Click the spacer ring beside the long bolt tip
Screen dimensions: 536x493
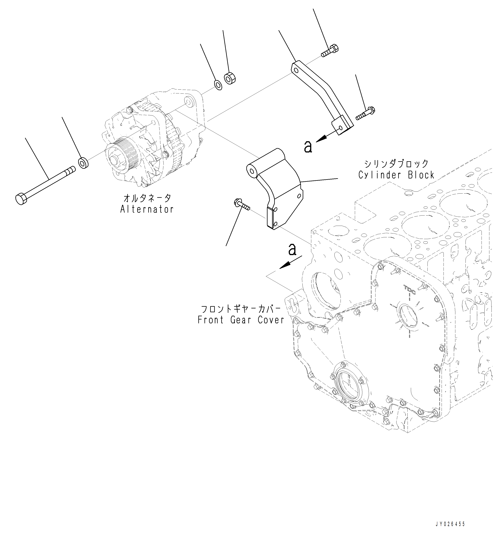(84, 163)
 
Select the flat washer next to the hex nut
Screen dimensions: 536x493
(218, 85)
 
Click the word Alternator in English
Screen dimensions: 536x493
(147, 209)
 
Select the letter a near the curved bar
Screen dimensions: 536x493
(308, 147)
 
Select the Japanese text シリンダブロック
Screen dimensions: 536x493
(397, 163)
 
